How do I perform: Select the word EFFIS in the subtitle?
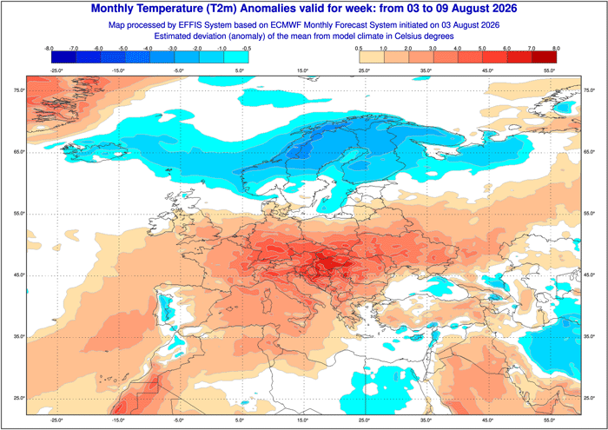click(x=191, y=25)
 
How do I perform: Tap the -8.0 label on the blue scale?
click(x=49, y=49)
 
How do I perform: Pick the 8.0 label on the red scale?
click(x=556, y=49)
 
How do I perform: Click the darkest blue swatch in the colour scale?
click(x=63, y=57)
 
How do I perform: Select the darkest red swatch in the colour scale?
click(x=544, y=57)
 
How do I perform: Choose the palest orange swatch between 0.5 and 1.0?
click(x=372, y=57)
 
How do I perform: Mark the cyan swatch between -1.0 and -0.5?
click(x=236, y=57)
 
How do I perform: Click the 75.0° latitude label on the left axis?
click(x=19, y=90)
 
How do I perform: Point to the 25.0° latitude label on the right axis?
click(x=589, y=398)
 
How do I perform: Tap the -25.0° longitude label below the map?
click(x=56, y=420)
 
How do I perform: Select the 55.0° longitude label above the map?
click(x=550, y=70)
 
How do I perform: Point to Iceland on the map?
click(x=95, y=152)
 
